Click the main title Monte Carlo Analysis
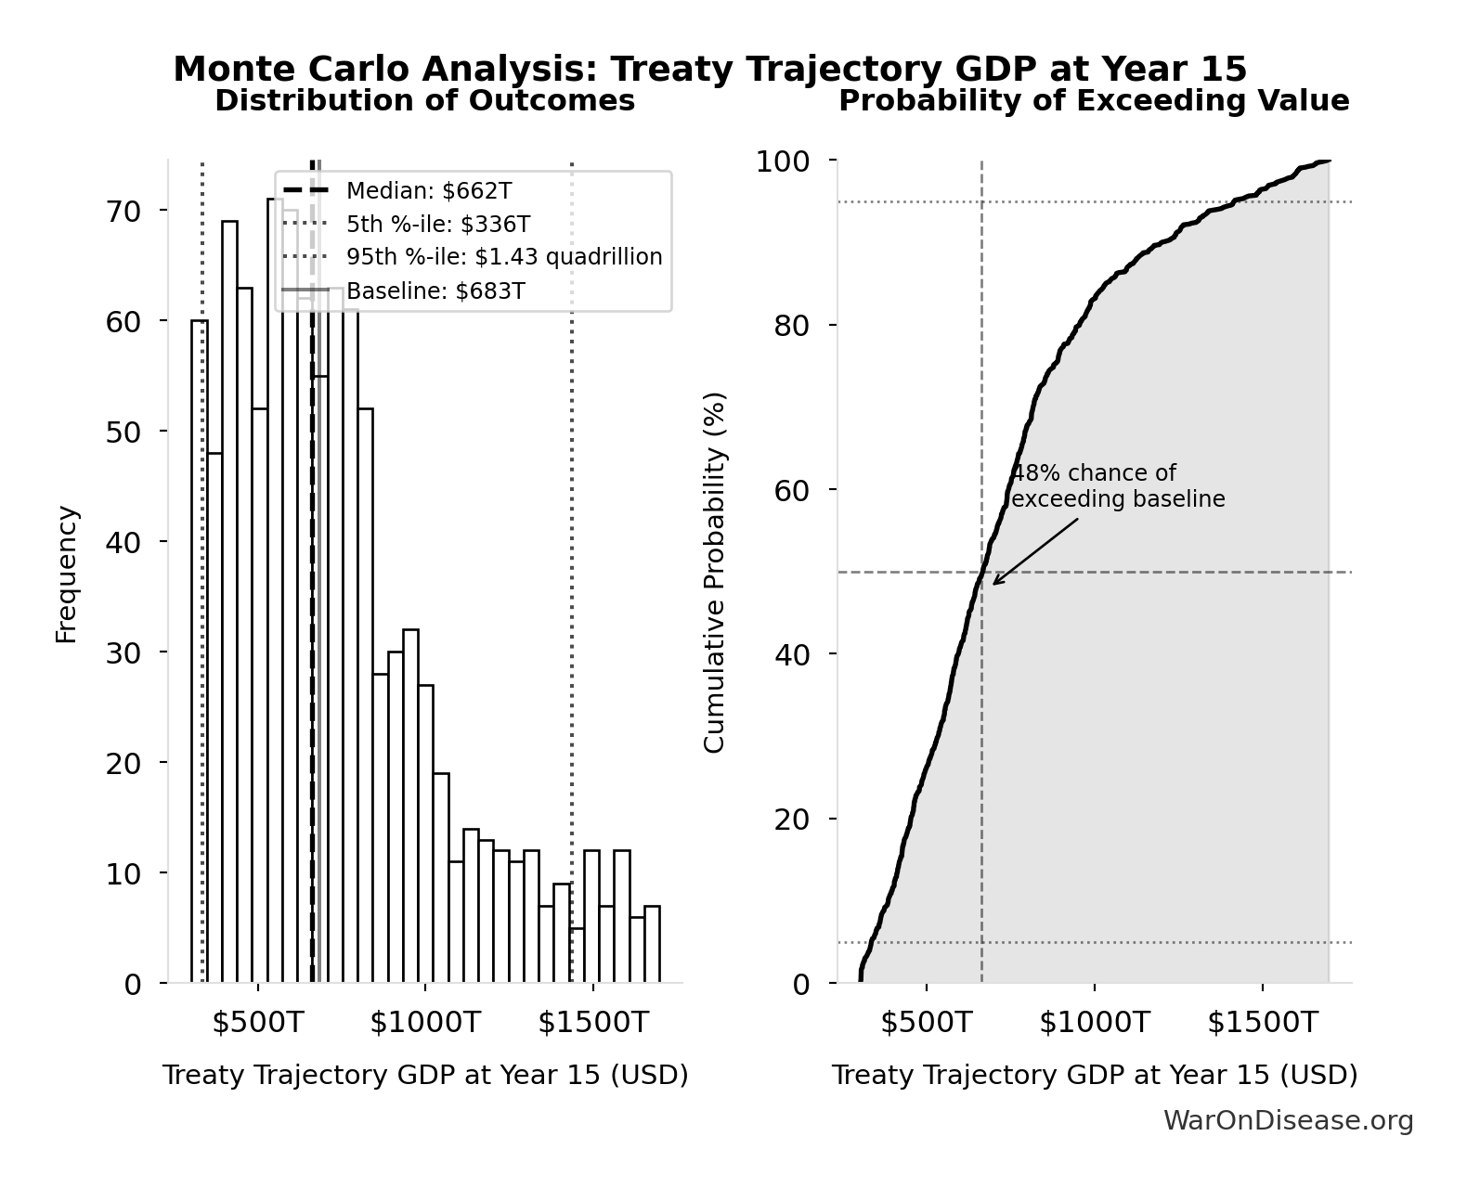tap(710, 70)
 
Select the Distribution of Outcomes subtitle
tap(424, 100)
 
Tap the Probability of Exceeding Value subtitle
tap(1094, 100)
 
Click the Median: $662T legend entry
tap(428, 191)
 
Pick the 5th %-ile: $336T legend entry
tap(438, 225)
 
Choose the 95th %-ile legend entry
tap(504, 257)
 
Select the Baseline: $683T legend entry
tap(435, 291)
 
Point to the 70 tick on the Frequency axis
tap(123, 212)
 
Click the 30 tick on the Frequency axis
tap(123, 653)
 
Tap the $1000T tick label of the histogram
tap(424, 1023)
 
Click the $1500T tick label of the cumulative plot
tap(1262, 1023)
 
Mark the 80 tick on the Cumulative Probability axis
tap(791, 326)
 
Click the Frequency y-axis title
tap(67, 574)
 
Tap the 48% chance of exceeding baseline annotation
tap(1117, 486)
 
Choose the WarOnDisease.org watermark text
tap(1288, 1121)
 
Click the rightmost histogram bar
tap(652, 944)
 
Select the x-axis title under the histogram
tap(425, 1076)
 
